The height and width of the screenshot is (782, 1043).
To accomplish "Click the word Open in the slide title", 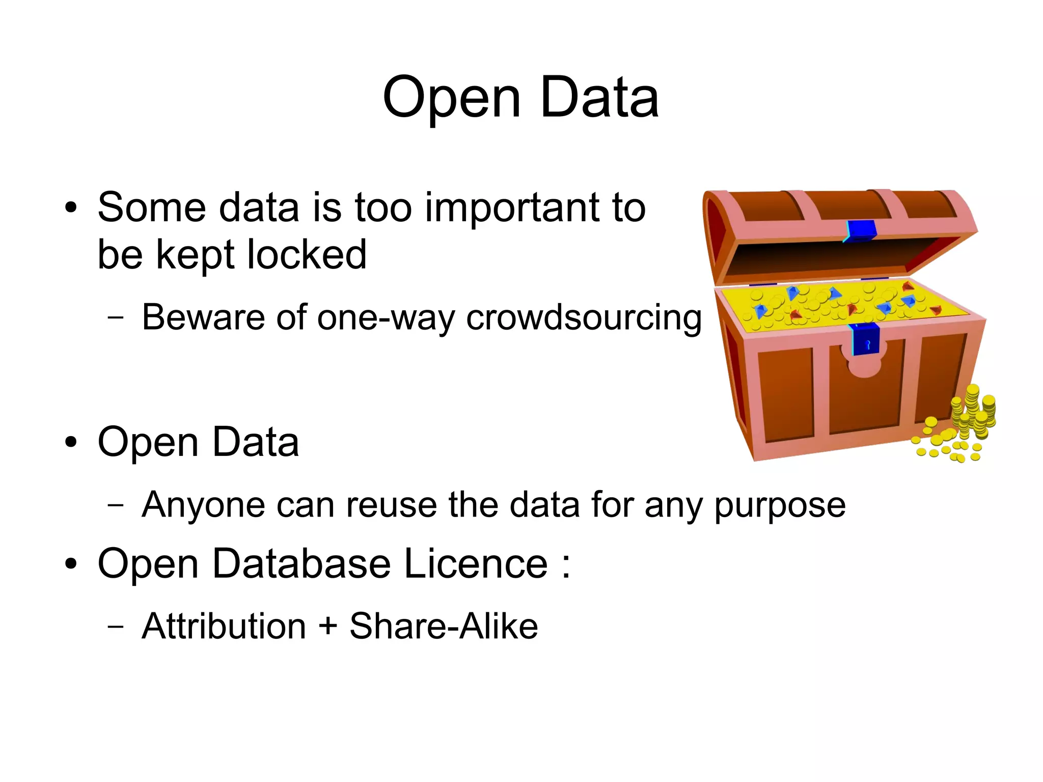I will coord(451,98).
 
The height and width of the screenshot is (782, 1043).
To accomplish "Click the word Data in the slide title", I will coord(599,98).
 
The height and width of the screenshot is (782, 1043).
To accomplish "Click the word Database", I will coord(301,564).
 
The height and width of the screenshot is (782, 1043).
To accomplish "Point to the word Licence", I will coord(476,564).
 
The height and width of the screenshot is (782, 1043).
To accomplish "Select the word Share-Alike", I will coord(443,626).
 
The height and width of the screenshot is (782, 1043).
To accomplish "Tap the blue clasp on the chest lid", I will coord(861,230).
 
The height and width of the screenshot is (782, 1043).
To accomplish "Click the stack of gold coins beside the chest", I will coord(973,413).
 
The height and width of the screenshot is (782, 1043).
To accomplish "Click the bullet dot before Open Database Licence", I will coord(71,564).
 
